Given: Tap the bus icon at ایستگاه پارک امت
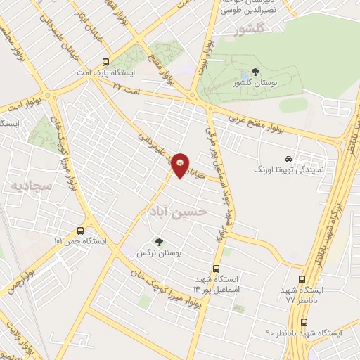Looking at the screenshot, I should pos(105,61).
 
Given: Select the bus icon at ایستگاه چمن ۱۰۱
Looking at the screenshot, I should pos(80,230).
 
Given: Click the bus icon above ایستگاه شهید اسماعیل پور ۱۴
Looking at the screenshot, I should pos(216,268).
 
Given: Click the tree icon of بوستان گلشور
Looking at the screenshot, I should pos(254,72).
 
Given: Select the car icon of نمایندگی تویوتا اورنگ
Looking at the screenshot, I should pos(288,159).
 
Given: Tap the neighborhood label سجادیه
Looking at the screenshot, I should pos(27,185).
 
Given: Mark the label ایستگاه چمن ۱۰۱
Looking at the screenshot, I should pos(79,241).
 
